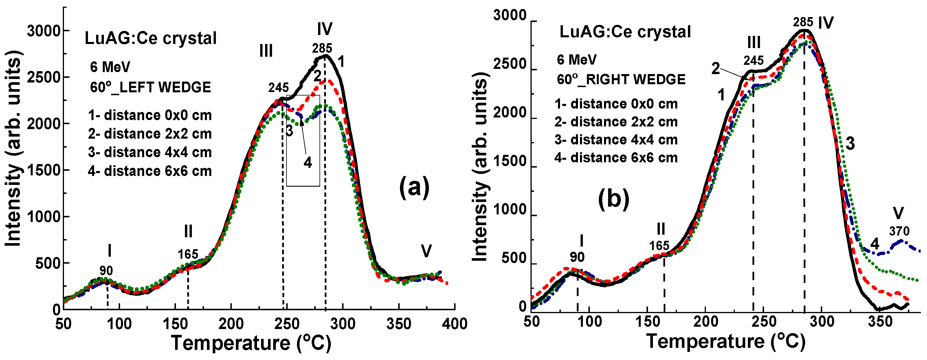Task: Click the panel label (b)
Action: point(614,199)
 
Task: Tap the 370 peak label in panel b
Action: point(899,231)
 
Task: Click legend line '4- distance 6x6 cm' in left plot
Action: point(150,171)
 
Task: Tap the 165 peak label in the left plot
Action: point(188,255)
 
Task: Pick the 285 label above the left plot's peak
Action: point(322,48)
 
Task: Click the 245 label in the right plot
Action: point(754,60)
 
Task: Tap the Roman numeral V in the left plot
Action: point(426,251)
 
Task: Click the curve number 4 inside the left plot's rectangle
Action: point(308,163)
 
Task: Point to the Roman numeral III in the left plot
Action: point(266,51)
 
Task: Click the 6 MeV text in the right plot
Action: point(577,60)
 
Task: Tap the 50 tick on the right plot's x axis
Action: point(532,322)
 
